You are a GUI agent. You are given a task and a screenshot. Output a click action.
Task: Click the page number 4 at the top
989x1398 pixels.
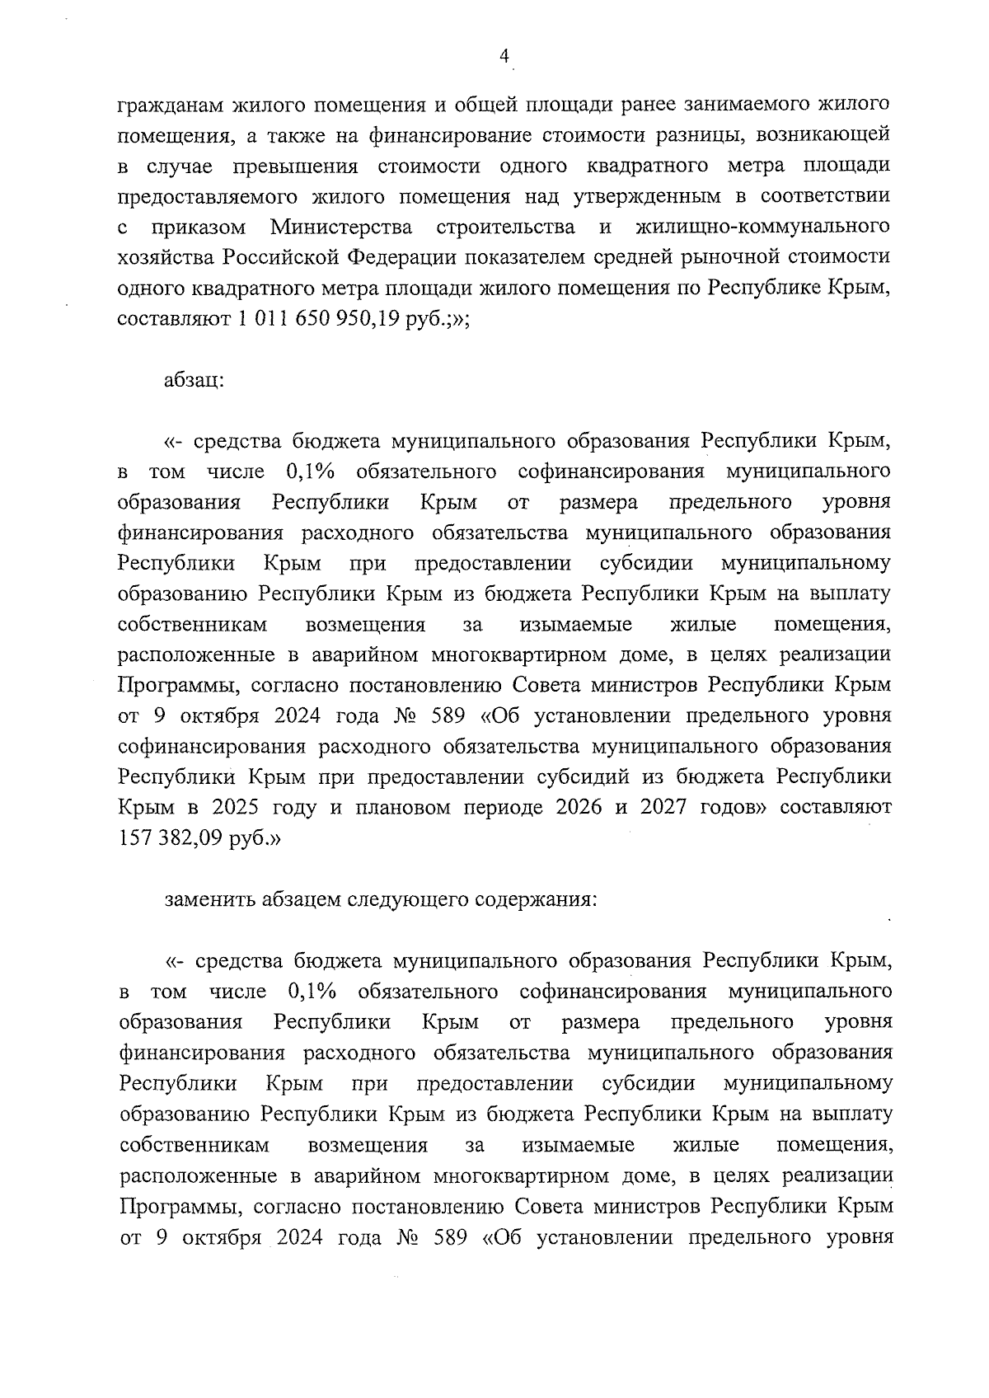[x=504, y=56]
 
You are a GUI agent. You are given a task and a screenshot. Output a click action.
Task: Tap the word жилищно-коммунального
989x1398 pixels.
[x=763, y=226]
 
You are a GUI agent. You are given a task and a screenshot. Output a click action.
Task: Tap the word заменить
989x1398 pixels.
[x=209, y=899]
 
